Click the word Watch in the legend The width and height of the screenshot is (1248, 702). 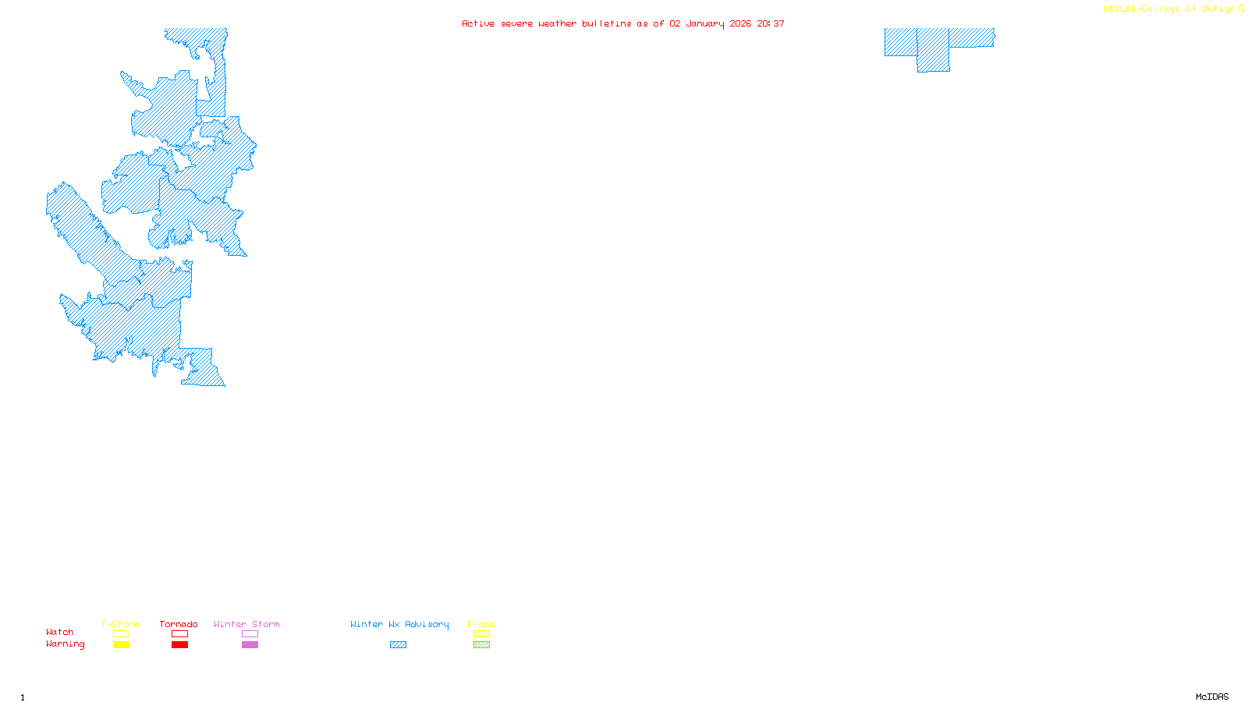tap(60, 632)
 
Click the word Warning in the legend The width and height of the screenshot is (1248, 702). tap(65, 644)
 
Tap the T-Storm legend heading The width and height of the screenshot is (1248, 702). tap(120, 624)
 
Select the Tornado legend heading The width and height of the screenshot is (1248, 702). tap(179, 624)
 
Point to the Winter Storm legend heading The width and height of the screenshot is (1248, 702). tap(246, 624)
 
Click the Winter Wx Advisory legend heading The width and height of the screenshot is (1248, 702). tap(399, 624)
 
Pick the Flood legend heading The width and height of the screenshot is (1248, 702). tap(481, 624)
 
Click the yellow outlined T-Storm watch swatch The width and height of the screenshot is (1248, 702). tap(121, 634)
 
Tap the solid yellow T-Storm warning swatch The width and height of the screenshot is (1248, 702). tap(121, 645)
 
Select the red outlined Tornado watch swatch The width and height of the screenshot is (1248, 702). tap(179, 634)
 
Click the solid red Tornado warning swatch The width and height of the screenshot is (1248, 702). tap(179, 645)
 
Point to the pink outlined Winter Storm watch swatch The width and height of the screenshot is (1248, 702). tap(250, 634)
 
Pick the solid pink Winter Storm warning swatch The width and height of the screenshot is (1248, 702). tap(250, 645)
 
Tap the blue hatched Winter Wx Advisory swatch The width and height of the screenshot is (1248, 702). tap(398, 645)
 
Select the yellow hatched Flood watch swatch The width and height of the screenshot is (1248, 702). tap(481, 634)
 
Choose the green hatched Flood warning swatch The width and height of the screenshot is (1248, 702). tap(481, 645)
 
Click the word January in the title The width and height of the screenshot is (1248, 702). tap(705, 23)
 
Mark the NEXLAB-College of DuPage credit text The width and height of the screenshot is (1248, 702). tap(1169, 9)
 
